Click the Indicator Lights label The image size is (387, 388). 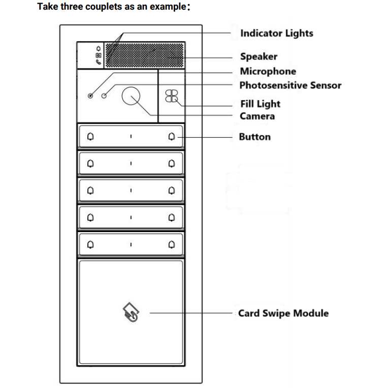coord(276,34)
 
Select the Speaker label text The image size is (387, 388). coord(259,56)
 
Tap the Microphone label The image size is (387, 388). coord(268,71)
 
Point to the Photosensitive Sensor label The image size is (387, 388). coord(290,85)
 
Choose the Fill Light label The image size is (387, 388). coord(260,104)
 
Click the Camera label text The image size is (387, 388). coord(257,116)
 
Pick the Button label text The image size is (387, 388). coord(254,137)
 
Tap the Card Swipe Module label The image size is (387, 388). coord(283,313)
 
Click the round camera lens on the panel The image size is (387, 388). coord(132,96)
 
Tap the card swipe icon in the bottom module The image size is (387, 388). coord(131,313)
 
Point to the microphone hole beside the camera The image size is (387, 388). coord(91,96)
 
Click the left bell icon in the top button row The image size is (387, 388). coord(90,136)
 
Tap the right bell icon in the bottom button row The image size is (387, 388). coord(171,244)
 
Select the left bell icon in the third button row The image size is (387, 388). coord(90,190)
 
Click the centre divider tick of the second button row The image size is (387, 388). coord(131,164)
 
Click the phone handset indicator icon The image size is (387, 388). coord(99,62)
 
